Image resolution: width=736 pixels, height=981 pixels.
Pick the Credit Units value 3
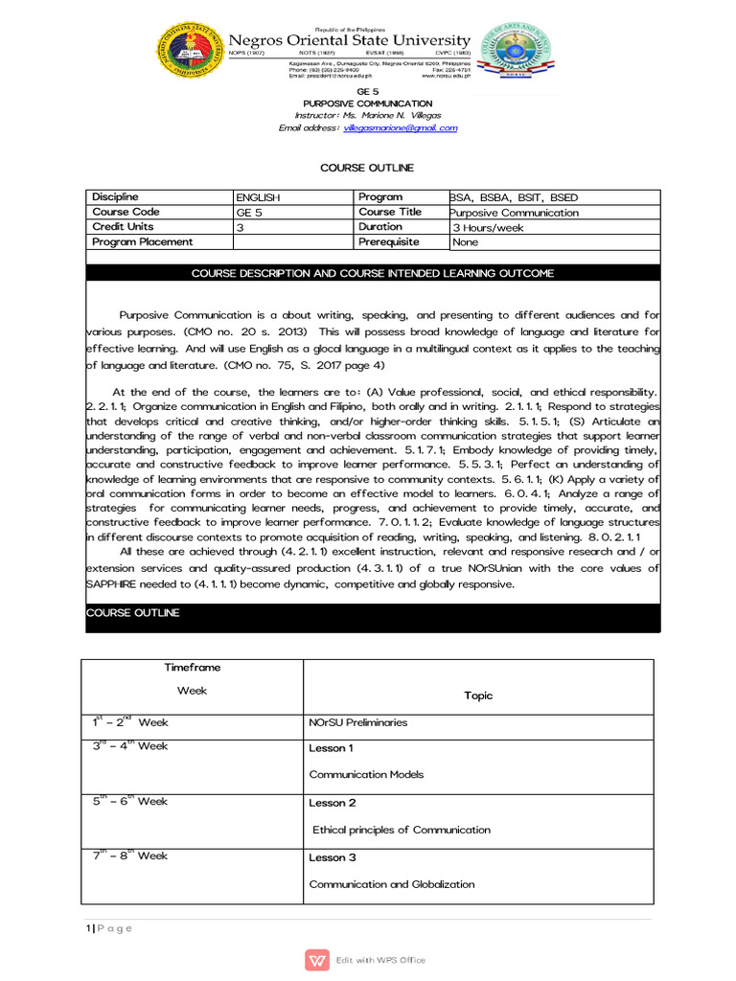(241, 228)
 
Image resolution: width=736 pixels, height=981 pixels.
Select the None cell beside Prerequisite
(466, 242)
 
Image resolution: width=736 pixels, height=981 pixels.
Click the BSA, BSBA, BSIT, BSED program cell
(515, 197)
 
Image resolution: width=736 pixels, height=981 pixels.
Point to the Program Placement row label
(143, 242)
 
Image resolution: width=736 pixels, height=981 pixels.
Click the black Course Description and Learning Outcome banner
(373, 273)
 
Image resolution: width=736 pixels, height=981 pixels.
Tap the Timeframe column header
(192, 668)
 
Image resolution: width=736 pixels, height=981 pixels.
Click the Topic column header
(478, 696)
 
